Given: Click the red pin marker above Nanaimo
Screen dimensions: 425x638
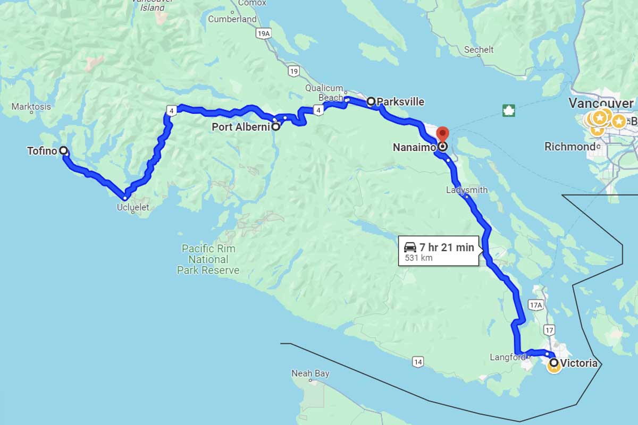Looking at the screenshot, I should click(442, 134).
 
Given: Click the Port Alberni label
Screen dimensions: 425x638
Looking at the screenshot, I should click(241, 127).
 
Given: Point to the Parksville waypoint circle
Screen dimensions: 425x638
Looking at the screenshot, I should click(372, 101).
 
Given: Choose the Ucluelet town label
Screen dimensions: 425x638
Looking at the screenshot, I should click(133, 208).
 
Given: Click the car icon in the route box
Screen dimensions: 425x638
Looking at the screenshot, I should click(410, 247).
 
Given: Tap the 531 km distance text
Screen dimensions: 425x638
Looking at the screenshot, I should click(419, 258).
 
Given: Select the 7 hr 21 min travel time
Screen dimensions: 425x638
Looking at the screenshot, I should click(446, 247).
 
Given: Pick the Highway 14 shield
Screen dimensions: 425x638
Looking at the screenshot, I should click(417, 362).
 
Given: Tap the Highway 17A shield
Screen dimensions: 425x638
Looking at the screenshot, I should click(535, 305).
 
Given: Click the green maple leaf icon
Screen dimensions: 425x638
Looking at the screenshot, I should click(509, 110).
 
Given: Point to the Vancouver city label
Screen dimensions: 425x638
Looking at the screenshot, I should click(601, 103).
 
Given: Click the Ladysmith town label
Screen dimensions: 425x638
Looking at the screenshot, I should click(467, 190).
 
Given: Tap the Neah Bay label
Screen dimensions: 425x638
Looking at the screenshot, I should click(310, 373).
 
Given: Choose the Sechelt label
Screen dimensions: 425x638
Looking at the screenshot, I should click(478, 49).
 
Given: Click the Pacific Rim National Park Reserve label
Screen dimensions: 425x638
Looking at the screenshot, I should click(208, 259).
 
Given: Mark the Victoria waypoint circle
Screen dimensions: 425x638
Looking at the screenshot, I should click(554, 363).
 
